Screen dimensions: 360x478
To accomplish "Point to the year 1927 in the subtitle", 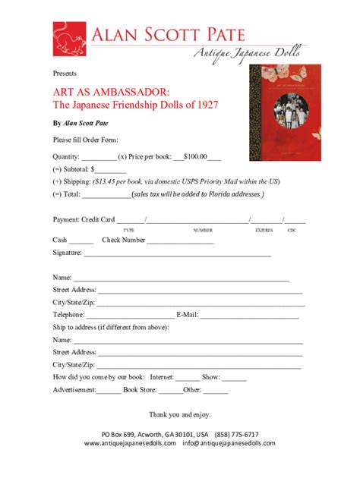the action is click(x=205, y=104).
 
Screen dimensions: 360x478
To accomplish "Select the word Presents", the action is click(x=65, y=74).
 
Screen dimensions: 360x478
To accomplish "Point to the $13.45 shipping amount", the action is click(x=107, y=182).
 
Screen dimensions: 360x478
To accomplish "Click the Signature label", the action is click(x=68, y=253).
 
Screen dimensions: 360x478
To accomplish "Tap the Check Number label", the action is click(x=123, y=240).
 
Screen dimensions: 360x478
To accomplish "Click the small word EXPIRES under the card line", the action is click(x=264, y=229).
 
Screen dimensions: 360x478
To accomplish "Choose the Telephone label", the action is click(x=69, y=314).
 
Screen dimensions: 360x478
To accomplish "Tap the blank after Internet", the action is click(x=187, y=377).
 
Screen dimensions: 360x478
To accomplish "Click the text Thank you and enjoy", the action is click(x=179, y=414).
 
